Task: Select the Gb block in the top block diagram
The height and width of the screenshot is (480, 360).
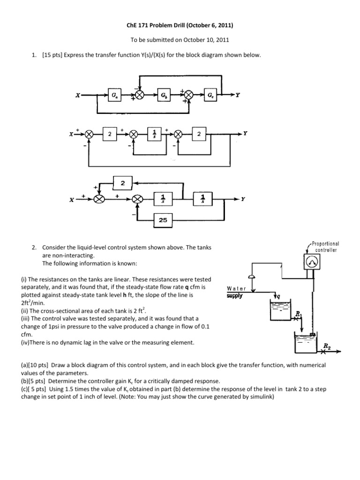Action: tap(163, 95)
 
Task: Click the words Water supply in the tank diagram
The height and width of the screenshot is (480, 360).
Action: tap(236, 292)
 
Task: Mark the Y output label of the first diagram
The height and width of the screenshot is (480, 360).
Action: tap(238, 95)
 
